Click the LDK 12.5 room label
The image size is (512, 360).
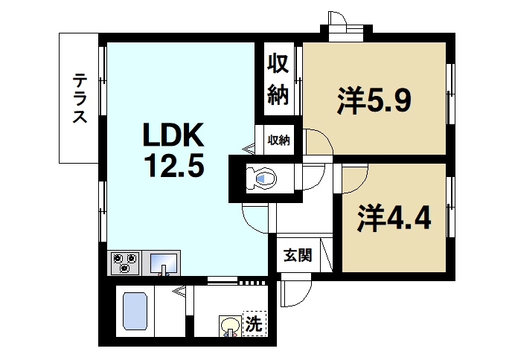click(x=173, y=150)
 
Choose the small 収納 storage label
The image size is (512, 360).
click(x=279, y=139)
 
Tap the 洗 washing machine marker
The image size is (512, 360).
click(x=254, y=324)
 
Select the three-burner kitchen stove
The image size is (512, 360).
click(x=126, y=263)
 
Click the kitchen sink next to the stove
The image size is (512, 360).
click(x=164, y=263)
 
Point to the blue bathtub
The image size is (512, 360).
click(x=135, y=312)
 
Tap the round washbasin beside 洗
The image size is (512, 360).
click(x=228, y=325)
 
